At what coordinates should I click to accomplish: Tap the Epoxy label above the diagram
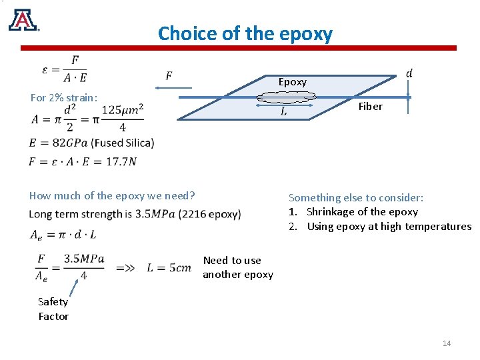pos(292,82)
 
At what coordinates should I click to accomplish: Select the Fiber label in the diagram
pos(370,107)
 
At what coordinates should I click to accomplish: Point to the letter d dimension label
pos(409,73)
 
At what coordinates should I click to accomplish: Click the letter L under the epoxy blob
pos(284,112)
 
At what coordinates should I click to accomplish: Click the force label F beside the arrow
pos(169,75)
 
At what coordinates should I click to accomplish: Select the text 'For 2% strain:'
pos(64,98)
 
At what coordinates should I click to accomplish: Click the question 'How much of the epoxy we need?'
pos(112,195)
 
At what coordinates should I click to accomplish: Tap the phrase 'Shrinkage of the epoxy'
pos(362,212)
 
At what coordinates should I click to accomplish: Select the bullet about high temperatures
pos(389,227)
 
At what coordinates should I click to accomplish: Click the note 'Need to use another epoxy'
pos(238,267)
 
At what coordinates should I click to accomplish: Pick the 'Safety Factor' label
pos(53,309)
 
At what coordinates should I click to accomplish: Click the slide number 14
pos(447,343)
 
